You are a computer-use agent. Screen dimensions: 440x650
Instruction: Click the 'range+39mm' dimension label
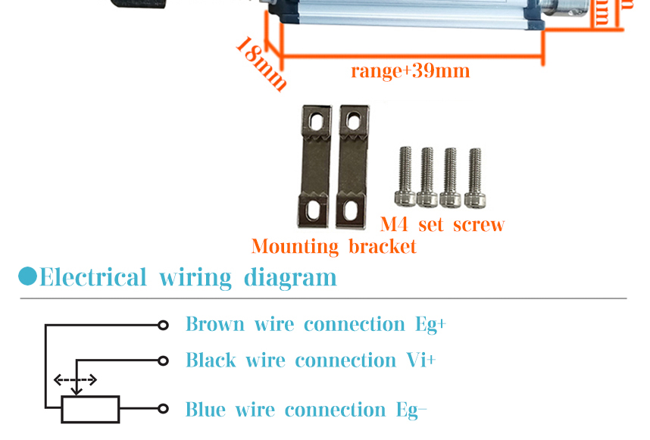coord(410,71)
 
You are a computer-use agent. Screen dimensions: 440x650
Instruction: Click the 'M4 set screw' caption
coord(442,225)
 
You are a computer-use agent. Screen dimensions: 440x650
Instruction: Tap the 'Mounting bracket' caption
coord(333,247)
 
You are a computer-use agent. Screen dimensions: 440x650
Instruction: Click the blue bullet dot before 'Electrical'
coord(27,276)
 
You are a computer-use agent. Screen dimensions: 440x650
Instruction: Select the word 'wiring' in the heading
coord(195,277)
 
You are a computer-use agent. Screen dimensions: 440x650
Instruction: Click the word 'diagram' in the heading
coord(289,278)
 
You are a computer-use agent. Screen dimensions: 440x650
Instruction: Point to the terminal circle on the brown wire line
coord(162,325)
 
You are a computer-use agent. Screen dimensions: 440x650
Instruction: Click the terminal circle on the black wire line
coord(162,360)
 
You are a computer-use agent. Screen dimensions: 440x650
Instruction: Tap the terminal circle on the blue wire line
coord(162,409)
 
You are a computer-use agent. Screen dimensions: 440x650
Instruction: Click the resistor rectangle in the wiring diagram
coord(90,409)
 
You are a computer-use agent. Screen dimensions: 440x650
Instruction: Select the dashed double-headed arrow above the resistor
coord(74,380)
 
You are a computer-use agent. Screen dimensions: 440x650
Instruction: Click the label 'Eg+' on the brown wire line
coord(430,325)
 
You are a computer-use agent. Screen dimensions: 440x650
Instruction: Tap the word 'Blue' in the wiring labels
coord(205,410)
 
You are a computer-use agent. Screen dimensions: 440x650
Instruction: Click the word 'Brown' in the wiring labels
coord(214,325)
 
